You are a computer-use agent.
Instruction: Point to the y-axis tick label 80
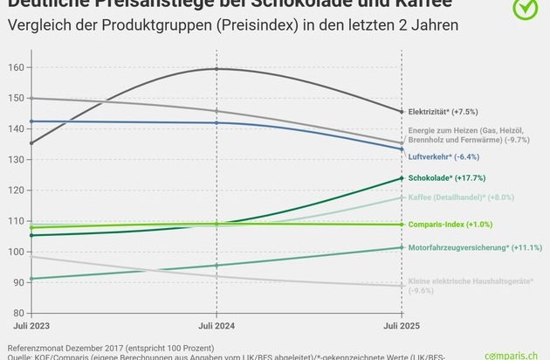click(x=15, y=313)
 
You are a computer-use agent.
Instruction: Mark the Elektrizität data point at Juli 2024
click(x=216, y=69)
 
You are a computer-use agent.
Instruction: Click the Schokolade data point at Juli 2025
click(x=402, y=178)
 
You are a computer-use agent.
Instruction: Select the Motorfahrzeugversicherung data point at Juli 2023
click(x=31, y=279)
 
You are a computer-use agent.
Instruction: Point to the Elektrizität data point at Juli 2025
click(x=402, y=112)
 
